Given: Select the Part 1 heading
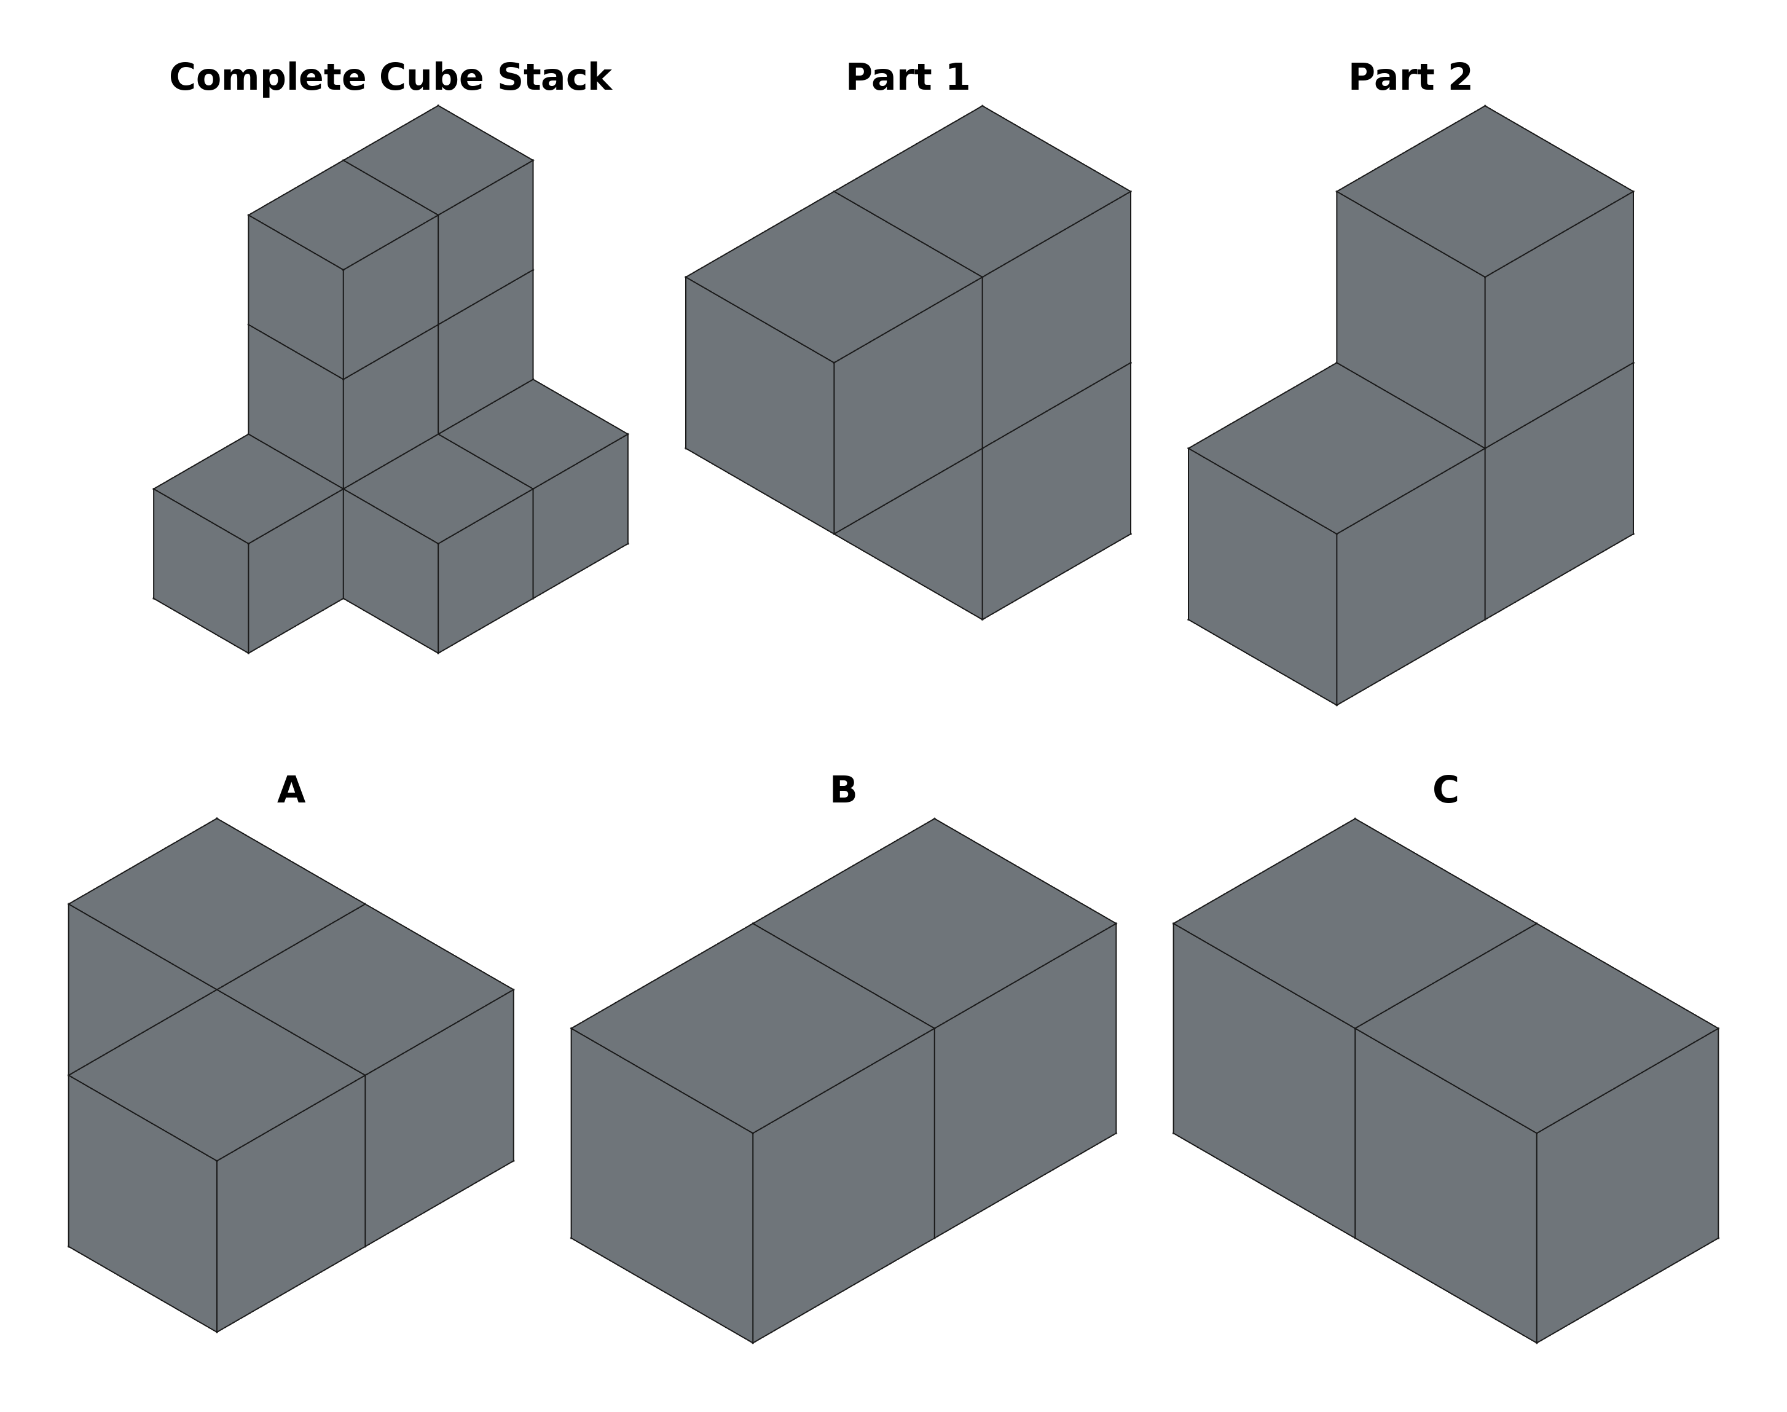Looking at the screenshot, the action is click(x=908, y=77).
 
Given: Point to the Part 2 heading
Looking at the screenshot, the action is click(x=1410, y=77).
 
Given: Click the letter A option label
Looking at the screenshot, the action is click(x=291, y=790).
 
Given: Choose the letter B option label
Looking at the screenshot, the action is click(x=843, y=790).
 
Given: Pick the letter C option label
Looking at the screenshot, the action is click(x=1445, y=790).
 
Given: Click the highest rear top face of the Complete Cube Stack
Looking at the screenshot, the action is click(x=438, y=160).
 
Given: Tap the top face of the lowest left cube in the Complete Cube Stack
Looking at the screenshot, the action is click(x=248, y=488).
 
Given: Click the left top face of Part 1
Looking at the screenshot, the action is click(x=834, y=277).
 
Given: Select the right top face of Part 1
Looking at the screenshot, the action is click(x=982, y=191).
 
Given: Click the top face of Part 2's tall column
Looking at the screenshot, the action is click(x=1485, y=191).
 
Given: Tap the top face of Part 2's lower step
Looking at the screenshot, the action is click(x=1337, y=448).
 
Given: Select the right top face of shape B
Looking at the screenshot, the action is click(x=934, y=924).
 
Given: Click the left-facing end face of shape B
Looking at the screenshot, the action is click(x=661, y=1185).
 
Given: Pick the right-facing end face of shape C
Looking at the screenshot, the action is click(x=1627, y=1185).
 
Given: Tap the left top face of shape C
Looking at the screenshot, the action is click(x=1355, y=924).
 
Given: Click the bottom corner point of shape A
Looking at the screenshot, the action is click(x=216, y=1332).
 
